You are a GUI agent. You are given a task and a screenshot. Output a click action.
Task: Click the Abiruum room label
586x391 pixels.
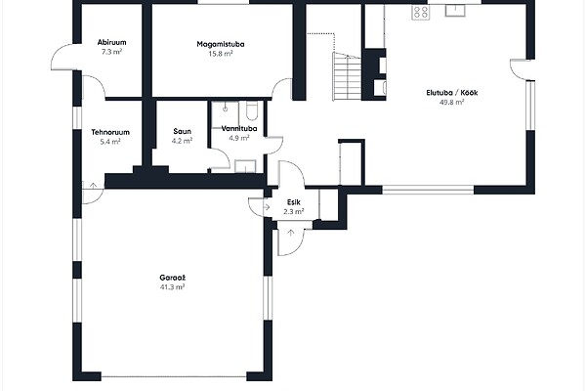tap(111, 42)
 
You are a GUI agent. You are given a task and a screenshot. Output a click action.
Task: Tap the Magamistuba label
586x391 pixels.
tap(221, 44)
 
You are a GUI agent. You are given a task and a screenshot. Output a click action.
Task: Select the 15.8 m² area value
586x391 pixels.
tap(221, 54)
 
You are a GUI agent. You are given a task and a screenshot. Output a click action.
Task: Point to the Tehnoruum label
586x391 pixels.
tap(110, 132)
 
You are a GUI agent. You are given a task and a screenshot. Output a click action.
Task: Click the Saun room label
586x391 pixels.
tap(182, 131)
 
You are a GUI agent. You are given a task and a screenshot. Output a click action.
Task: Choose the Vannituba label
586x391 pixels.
tap(239, 129)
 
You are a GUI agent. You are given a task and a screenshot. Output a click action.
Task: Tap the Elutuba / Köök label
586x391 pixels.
tap(452, 93)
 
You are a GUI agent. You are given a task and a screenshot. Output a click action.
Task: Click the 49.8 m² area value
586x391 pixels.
tap(452, 102)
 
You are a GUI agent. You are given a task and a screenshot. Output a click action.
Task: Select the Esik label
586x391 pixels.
tap(294, 202)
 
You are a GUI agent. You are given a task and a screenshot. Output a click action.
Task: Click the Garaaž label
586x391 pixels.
tap(172, 278)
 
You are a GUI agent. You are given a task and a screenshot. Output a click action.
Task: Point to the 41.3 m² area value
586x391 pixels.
tap(172, 287)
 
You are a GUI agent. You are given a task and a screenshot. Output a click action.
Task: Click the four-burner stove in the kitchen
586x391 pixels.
tap(420, 13)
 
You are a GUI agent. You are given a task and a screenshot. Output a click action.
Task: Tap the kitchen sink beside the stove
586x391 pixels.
tap(455, 11)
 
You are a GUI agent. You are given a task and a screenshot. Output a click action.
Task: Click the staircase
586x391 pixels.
tap(348, 76)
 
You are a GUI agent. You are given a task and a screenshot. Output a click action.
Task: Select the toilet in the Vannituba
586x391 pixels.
tap(252, 111)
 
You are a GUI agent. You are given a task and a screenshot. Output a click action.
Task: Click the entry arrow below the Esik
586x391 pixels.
tap(291, 233)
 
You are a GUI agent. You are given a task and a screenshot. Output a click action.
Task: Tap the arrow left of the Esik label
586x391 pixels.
tap(267, 206)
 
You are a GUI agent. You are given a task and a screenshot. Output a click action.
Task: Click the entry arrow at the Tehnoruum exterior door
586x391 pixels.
tap(93, 185)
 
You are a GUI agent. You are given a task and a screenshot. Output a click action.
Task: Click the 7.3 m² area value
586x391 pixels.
tap(111, 52)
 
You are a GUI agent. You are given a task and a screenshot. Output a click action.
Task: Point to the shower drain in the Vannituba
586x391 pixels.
tap(226, 109)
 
